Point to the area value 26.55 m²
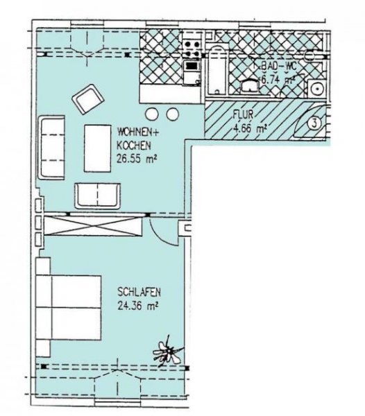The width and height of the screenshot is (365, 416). tap(136, 157)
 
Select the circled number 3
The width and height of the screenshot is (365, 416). tap(314, 124)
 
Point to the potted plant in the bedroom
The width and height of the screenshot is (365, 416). tap(167, 352)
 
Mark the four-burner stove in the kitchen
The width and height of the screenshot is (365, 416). tap(192, 50)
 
